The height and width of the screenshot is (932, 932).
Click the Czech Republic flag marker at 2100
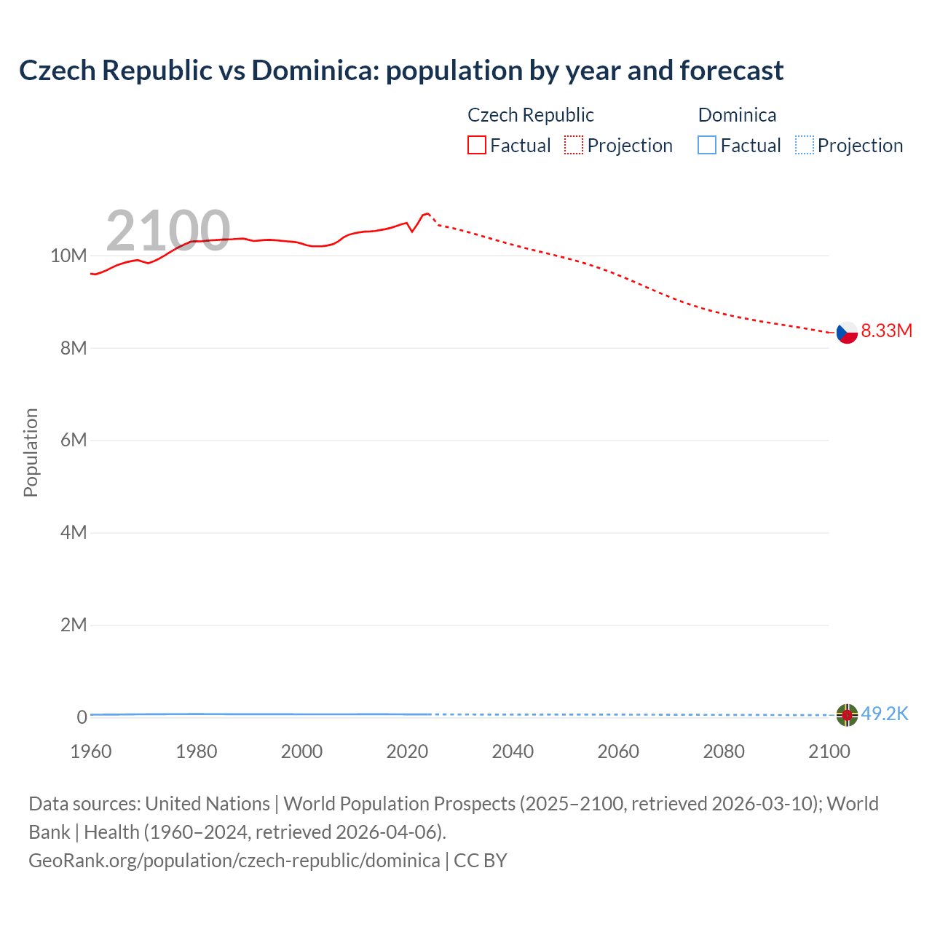(847, 332)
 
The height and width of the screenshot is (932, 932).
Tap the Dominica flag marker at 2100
(847, 715)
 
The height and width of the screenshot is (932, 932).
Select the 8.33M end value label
(886, 331)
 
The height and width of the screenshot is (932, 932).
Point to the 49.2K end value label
(884, 714)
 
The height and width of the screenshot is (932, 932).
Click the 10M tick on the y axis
(68, 256)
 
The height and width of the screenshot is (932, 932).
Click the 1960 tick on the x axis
(91, 751)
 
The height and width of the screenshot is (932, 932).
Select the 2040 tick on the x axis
(513, 751)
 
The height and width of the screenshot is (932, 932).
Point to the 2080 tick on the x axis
(723, 751)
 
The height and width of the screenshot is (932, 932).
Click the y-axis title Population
(31, 452)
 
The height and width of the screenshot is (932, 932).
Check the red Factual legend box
(476, 146)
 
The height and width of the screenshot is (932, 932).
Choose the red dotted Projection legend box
(574, 146)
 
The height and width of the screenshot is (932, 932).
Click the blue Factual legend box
(706, 146)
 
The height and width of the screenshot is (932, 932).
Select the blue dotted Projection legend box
(804, 146)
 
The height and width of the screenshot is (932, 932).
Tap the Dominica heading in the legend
(737, 115)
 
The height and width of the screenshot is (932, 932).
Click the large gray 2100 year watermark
(168, 231)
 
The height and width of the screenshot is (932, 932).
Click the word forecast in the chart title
(731, 71)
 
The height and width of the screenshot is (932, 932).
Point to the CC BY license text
(481, 860)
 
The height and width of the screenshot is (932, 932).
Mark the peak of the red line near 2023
(427, 213)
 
